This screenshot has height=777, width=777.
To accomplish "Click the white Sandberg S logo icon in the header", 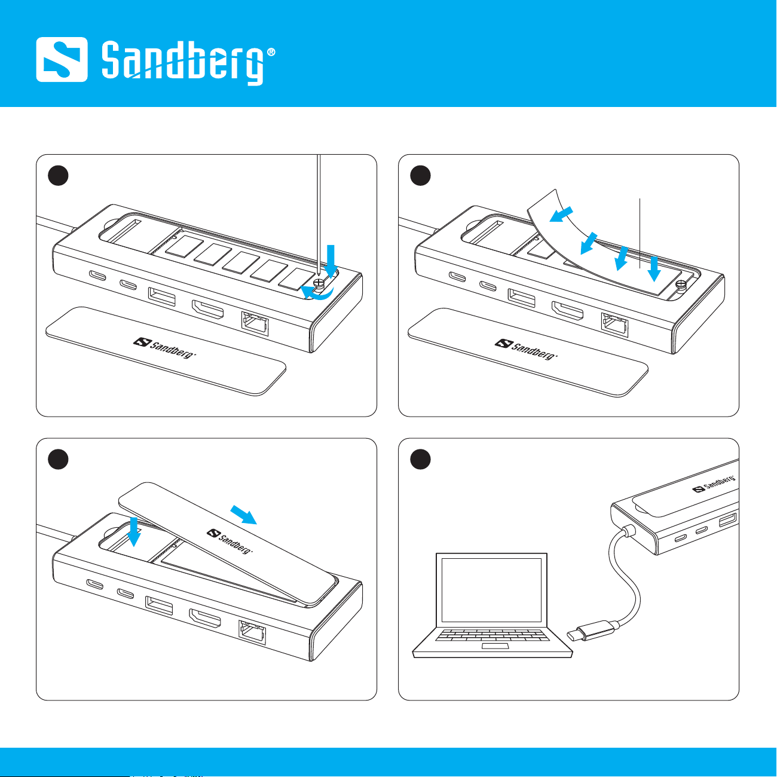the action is coord(62,59).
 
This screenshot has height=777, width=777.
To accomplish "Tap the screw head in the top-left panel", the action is coord(319,283).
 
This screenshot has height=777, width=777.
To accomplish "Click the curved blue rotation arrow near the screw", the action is coord(318,294).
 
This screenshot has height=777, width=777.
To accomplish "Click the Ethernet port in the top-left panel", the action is coord(255,324).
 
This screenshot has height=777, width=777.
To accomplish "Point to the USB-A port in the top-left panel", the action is coord(162,296).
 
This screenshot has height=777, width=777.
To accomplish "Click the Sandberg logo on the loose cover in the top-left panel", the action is coord(164,348).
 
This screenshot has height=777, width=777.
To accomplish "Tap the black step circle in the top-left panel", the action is coord(58,176).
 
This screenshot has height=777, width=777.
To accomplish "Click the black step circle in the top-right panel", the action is coord(420,176).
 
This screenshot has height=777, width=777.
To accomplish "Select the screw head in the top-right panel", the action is coord(681,285).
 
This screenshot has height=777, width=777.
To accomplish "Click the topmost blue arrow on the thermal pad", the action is coord(561,214).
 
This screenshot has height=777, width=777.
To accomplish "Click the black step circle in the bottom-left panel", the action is coord(58,459).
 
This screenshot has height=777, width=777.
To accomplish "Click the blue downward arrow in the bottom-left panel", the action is coord(133,532).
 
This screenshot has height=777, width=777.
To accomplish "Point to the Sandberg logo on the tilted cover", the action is coord(230,542).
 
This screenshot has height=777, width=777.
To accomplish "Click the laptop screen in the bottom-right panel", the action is coord(491,590).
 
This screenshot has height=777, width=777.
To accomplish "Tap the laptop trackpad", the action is coord(495,646).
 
